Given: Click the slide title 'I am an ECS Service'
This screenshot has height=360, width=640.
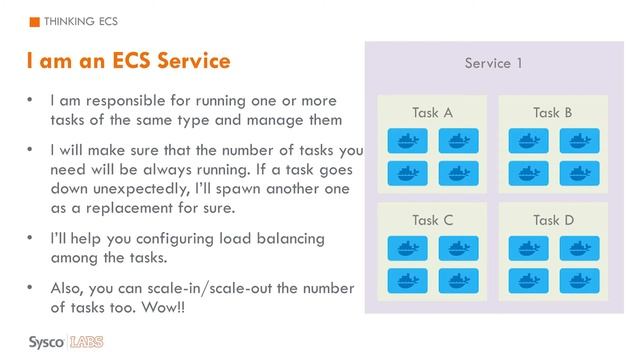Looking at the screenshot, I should pos(128,62).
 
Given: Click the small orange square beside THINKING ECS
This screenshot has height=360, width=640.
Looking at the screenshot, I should pos(35,21).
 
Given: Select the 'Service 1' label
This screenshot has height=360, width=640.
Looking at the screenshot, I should pos(493,64).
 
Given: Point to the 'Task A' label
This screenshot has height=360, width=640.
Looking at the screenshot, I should pos(432,112).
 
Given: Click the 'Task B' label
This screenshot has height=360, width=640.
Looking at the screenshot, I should pos(553,112).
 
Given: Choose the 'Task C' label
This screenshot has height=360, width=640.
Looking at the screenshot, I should pos(432,220).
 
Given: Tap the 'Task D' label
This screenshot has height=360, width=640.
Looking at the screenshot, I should pos(553,220).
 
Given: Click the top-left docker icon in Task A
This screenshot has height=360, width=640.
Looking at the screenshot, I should pos(407,141).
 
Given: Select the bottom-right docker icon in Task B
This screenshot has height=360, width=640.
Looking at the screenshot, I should pos(579,173).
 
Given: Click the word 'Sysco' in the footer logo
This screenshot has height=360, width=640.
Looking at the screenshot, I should pos(46,342).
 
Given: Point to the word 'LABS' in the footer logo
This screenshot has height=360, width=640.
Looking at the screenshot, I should pos(87,342).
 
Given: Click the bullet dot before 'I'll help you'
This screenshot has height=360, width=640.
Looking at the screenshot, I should pos(32,238).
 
